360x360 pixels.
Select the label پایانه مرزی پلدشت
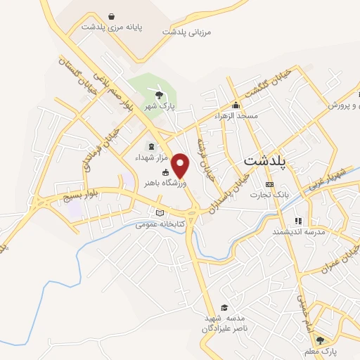[111, 27]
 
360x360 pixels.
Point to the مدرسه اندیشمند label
[297, 231]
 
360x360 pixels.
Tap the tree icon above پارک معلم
[321, 340]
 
